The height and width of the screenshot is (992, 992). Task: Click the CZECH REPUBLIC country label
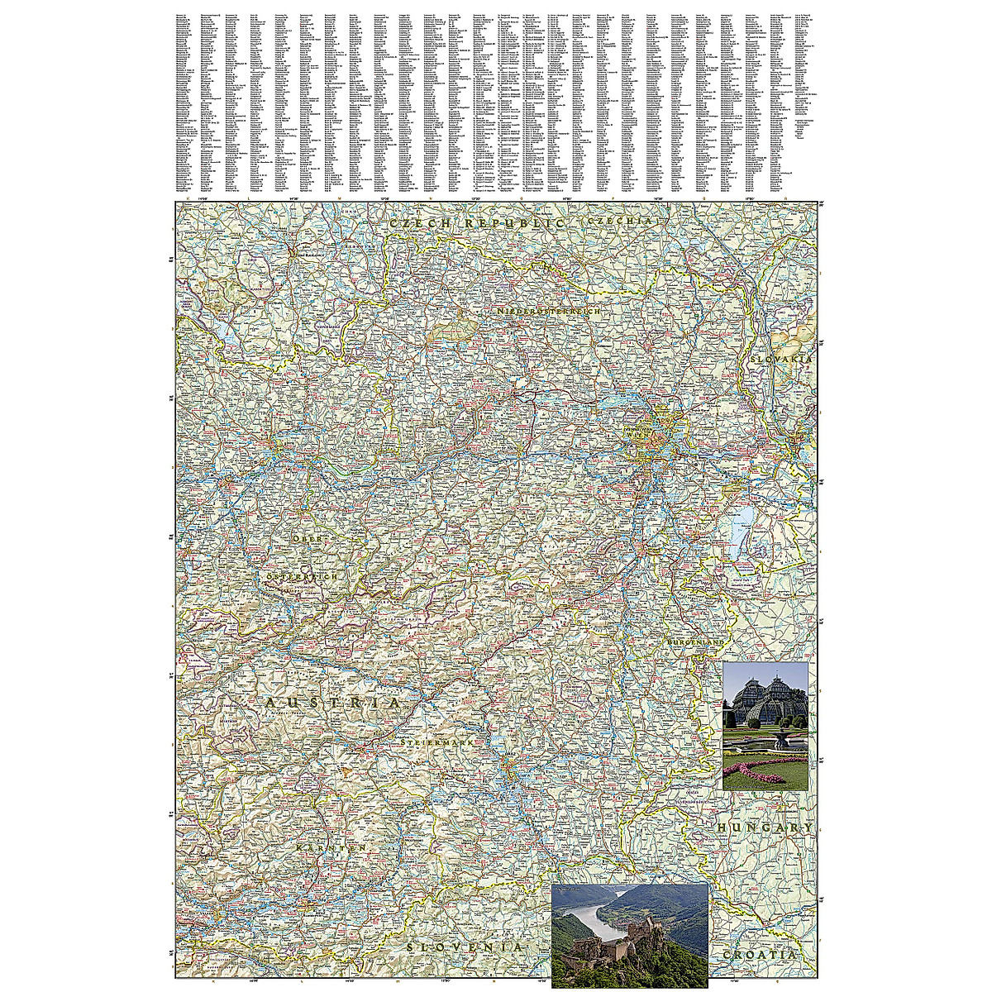pyautogui.click(x=477, y=224)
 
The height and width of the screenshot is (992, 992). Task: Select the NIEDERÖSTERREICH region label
pyautogui.click(x=548, y=312)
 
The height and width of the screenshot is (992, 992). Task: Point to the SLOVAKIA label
pyautogui.click(x=782, y=360)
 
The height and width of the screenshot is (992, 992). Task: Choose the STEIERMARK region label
pyautogui.click(x=436, y=744)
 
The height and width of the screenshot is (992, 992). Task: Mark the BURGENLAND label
pyautogui.click(x=696, y=642)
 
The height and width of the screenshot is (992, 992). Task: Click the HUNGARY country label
pyautogui.click(x=765, y=827)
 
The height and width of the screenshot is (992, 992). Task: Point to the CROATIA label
pyautogui.click(x=759, y=955)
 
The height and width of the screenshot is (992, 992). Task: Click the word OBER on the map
pyautogui.click(x=310, y=538)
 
